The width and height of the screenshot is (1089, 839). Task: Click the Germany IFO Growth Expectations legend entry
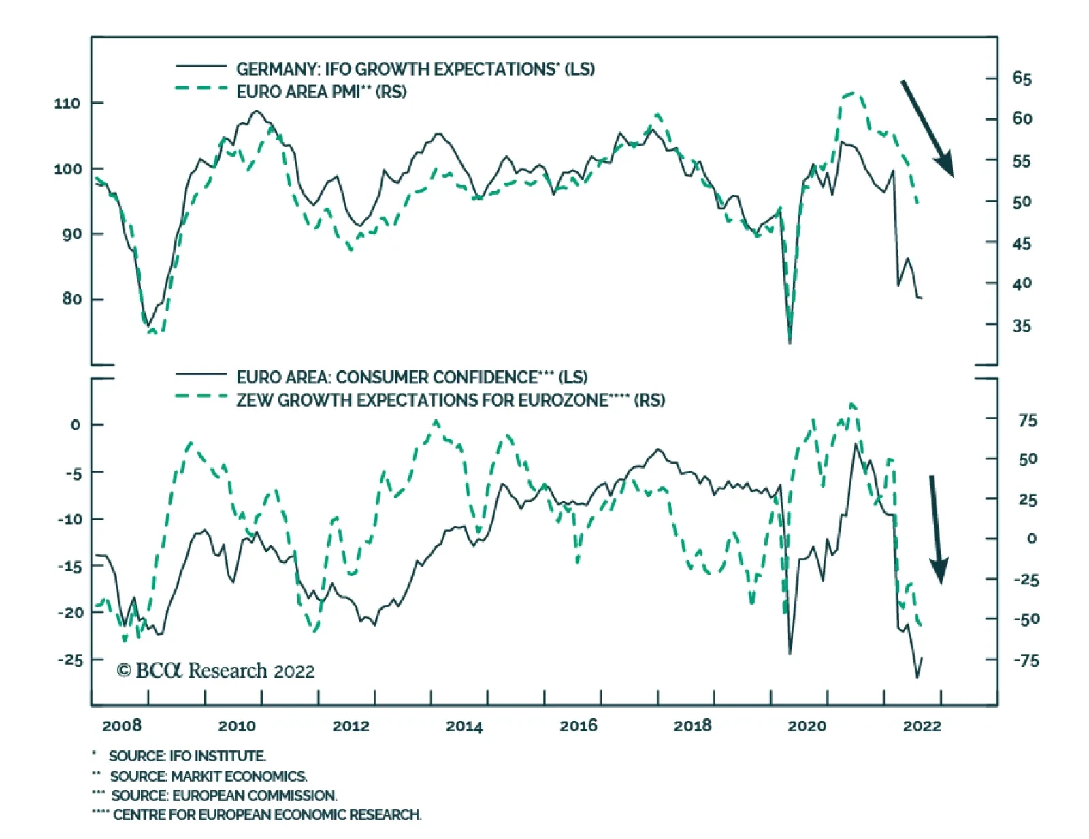coord(415,69)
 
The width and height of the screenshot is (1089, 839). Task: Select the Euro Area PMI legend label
coord(321,91)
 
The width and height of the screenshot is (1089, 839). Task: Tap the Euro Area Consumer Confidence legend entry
coord(412,377)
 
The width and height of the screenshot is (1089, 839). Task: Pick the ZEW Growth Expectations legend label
coord(451,400)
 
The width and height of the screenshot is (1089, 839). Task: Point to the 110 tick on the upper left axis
coord(67,104)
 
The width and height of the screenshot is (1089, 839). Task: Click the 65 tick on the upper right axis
coord(1022,78)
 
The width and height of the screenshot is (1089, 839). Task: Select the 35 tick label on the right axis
coord(1022,326)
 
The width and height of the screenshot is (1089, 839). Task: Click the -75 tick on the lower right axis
coord(1026,660)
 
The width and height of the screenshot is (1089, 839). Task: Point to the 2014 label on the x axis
coord(464,726)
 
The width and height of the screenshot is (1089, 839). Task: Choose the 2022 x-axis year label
coord(922,726)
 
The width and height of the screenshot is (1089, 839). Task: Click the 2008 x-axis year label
coord(122,726)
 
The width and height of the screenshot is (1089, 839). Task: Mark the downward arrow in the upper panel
coord(927,128)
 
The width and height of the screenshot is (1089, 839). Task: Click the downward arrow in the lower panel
coord(936,528)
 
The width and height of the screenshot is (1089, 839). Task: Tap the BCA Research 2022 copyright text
coord(216,671)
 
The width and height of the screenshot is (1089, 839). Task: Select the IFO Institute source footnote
coord(187,756)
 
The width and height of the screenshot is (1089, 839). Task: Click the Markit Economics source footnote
coord(208,776)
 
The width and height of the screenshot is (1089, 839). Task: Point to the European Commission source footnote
coord(224,795)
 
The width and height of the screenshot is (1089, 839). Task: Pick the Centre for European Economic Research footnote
coord(267,814)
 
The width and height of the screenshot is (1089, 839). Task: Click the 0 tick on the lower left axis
coord(75,425)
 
